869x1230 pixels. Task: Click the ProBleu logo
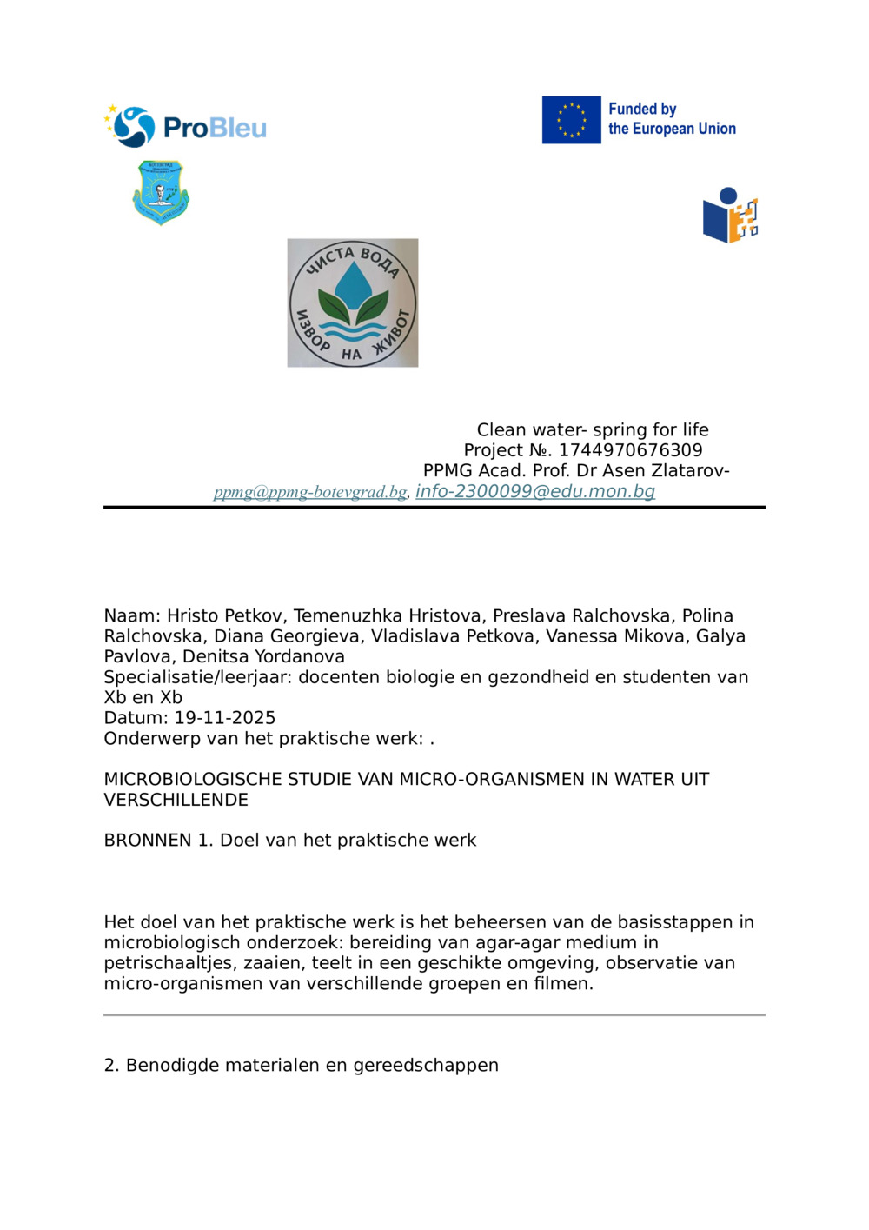coord(185,127)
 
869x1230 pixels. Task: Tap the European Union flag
coord(571,120)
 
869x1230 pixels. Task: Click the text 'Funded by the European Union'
coord(672,119)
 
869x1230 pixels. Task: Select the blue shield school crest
coord(161,192)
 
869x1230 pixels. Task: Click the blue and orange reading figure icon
coord(730,216)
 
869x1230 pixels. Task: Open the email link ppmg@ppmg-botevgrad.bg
coord(310,493)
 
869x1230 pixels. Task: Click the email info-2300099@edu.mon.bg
coord(535,491)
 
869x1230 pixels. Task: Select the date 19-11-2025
coord(225,718)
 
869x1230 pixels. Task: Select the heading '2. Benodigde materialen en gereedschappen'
coord(301,1066)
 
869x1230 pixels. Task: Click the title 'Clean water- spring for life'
coord(593,430)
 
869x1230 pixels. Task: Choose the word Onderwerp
coord(147,739)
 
